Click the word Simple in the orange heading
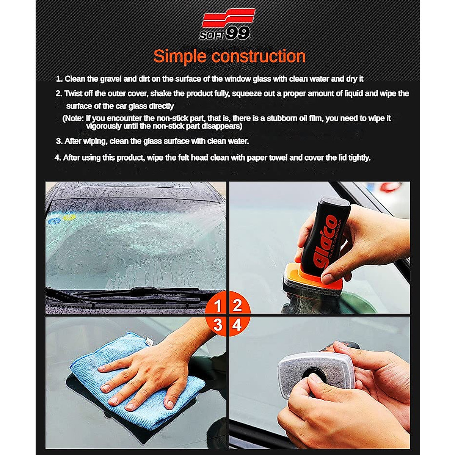pyautogui.click(x=180, y=56)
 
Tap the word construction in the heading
pyautogui.click(x=259, y=56)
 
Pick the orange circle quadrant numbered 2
pyautogui.click(x=238, y=304)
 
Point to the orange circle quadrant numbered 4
pyautogui.click(x=238, y=325)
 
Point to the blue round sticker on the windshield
pyautogui.click(x=55, y=220)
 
